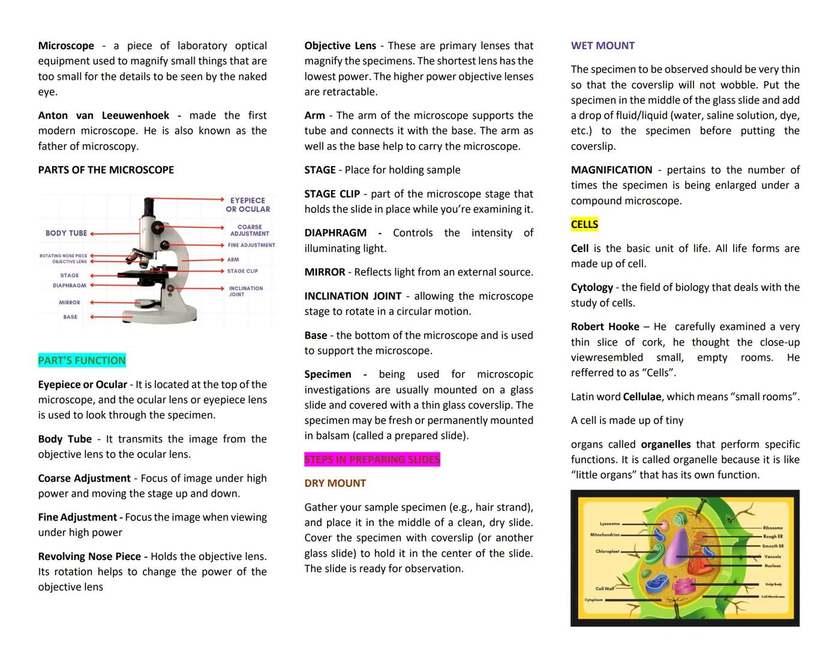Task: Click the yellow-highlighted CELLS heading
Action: pyautogui.click(x=584, y=224)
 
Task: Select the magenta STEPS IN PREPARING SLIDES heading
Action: pyautogui.click(x=372, y=460)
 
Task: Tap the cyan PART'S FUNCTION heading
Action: pyautogui.click(x=82, y=361)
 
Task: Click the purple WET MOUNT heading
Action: pyautogui.click(x=602, y=46)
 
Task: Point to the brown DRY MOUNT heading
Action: pyautogui.click(x=335, y=483)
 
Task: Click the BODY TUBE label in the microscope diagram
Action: pyautogui.click(x=66, y=233)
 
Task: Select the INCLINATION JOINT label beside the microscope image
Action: pyautogui.click(x=245, y=291)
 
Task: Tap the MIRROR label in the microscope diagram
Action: pyautogui.click(x=70, y=302)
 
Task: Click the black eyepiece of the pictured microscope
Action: pyautogui.click(x=149, y=207)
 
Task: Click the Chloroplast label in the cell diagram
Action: pyautogui.click(x=607, y=551)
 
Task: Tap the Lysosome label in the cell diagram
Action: pyautogui.click(x=609, y=524)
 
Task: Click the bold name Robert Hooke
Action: pyautogui.click(x=605, y=326)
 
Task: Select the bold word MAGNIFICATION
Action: pyautogui.click(x=611, y=170)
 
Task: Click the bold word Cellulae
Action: pyautogui.click(x=642, y=397)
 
